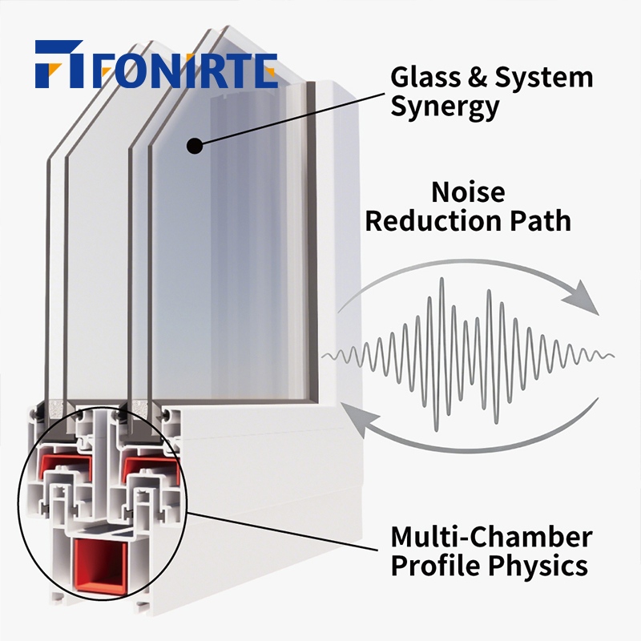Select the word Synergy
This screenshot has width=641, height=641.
445,107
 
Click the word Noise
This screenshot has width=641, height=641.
469,192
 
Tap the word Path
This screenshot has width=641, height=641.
545,221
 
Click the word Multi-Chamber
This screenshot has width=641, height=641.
491,536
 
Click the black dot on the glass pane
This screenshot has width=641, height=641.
194,146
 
